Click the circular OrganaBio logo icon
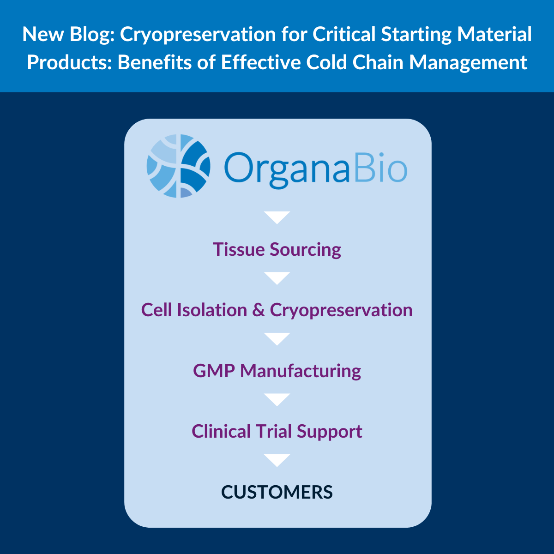coord(179,166)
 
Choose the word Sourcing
coord(306,250)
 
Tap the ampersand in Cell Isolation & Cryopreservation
coord(259,310)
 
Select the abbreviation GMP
coord(213,371)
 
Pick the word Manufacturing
coord(301,371)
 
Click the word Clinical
coord(221,432)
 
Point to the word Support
coord(329,432)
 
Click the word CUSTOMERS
coord(277,492)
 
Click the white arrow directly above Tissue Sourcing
coord(277,217)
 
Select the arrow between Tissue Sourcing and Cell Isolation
coord(277,278)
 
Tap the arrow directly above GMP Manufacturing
coord(277,338)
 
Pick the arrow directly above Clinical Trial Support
coord(277,399)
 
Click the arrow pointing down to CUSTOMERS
coord(277,460)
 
